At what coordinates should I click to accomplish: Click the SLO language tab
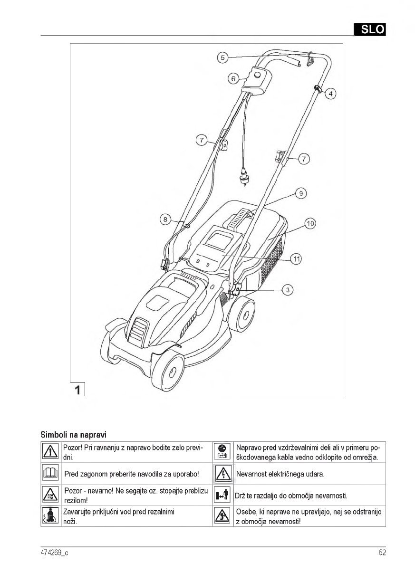click(369, 29)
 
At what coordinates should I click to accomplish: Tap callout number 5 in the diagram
click(222, 58)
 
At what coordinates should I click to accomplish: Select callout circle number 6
click(233, 78)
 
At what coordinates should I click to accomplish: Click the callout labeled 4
click(331, 94)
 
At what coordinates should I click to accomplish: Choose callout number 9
click(300, 193)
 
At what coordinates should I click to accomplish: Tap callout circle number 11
click(296, 259)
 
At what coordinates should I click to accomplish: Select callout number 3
click(287, 289)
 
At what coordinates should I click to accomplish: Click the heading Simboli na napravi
click(73, 434)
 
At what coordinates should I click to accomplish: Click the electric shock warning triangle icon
click(221, 474)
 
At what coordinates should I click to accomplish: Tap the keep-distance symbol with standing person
click(221, 495)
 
